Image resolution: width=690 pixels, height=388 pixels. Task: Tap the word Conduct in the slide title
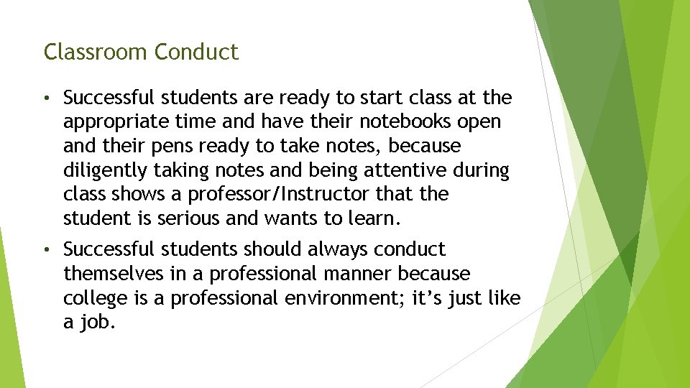tap(196, 52)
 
